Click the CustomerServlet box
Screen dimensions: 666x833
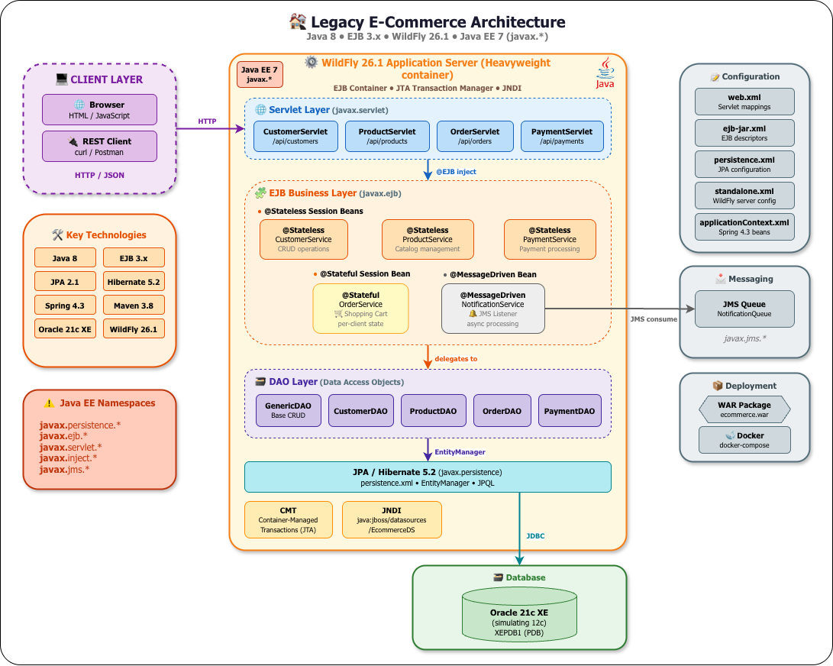tap(295, 136)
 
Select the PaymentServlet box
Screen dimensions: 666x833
tap(562, 136)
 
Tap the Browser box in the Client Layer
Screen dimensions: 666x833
tap(99, 110)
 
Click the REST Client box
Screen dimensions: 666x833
tap(99, 146)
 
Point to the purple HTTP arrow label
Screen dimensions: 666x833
tap(207, 121)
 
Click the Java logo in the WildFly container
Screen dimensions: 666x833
tap(605, 73)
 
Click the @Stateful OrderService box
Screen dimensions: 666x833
tap(360, 309)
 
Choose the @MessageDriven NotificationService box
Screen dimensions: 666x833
tap(492, 309)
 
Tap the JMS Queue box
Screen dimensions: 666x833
tap(744, 309)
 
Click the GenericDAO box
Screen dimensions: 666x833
tap(289, 411)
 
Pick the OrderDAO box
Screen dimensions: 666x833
tap(502, 411)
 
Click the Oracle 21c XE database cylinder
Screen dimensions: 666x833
tap(519, 615)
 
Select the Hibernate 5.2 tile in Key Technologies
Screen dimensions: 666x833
tap(134, 282)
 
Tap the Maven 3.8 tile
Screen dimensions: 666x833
tap(134, 306)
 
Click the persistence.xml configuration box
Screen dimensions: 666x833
tap(744, 164)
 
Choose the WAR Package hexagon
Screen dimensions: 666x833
tap(744, 409)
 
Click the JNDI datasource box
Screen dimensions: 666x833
tap(392, 520)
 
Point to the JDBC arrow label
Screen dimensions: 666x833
tap(535, 536)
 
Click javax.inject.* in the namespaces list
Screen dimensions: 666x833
tap(68, 457)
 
